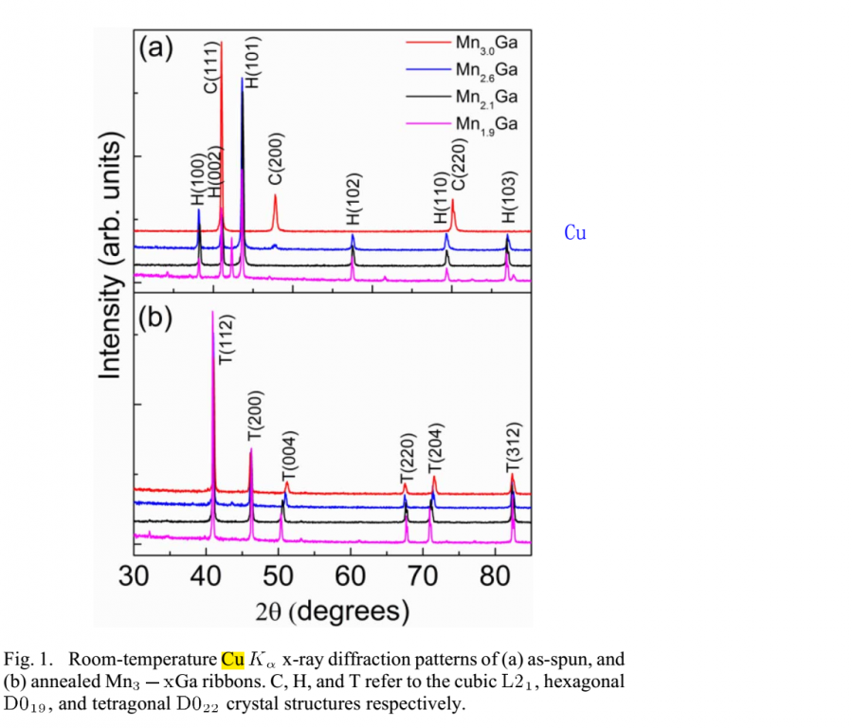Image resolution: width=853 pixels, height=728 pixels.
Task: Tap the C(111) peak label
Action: click(x=212, y=69)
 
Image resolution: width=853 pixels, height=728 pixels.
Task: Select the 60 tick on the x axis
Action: click(x=351, y=577)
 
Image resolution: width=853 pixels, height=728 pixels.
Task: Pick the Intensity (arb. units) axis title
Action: click(x=112, y=258)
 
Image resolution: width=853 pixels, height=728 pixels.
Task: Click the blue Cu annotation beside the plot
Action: click(x=575, y=232)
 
